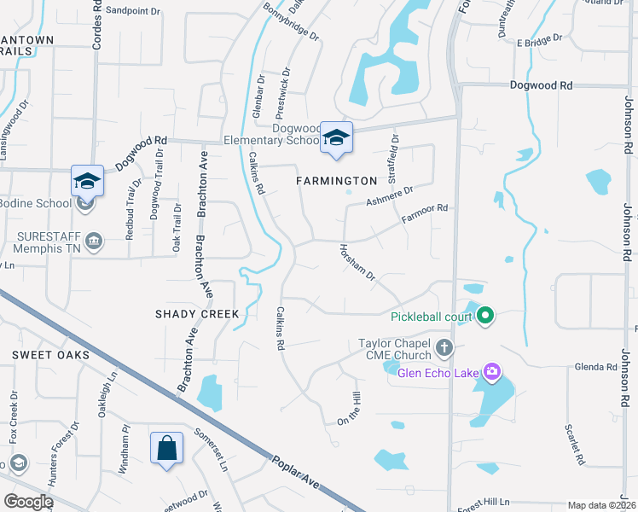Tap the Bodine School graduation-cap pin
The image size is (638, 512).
(x=87, y=180)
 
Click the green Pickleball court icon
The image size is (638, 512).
(x=485, y=317)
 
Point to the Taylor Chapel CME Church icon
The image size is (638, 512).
(x=444, y=347)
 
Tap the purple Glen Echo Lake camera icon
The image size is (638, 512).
(x=491, y=371)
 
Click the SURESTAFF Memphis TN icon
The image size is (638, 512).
(x=94, y=241)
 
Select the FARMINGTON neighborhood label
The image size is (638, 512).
(x=336, y=181)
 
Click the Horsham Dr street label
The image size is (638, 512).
(x=357, y=264)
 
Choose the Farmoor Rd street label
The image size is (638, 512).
(x=425, y=214)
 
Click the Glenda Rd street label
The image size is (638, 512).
(x=596, y=367)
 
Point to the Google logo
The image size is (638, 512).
(x=28, y=502)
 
